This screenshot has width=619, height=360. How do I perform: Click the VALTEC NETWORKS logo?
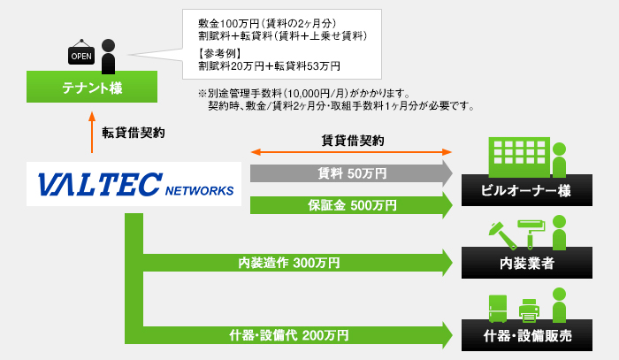coord(134,184)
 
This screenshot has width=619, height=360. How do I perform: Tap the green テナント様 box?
coord(92,88)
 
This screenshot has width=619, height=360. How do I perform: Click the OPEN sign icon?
coord(81,56)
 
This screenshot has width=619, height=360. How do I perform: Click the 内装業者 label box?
coord(526,263)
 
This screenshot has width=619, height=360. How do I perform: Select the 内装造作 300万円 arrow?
coord(292,263)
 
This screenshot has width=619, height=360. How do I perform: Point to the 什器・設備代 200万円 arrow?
coord(292,335)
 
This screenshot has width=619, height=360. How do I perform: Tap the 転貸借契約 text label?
coord(133,133)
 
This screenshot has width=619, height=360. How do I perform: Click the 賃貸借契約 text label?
coord(352,140)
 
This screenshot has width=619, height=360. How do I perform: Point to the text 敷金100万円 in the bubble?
coord(224,21)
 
